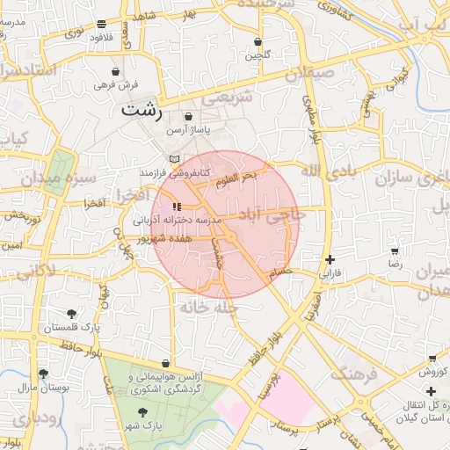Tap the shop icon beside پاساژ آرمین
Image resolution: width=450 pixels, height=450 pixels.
click(x=188, y=116)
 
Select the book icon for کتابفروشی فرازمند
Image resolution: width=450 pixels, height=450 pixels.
click(x=174, y=159)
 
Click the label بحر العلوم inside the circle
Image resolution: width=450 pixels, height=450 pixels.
click(x=237, y=175)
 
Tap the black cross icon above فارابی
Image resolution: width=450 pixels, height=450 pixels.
click(x=330, y=259)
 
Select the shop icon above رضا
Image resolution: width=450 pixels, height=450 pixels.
click(x=395, y=251)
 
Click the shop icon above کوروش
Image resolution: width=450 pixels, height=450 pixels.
click(x=432, y=359)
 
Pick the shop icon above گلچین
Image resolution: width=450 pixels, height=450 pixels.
click(x=258, y=41)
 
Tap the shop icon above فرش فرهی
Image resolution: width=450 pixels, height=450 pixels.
click(x=117, y=71)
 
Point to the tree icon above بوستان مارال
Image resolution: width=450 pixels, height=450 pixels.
click(x=24, y=372)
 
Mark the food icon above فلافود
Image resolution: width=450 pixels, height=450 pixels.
click(x=103, y=24)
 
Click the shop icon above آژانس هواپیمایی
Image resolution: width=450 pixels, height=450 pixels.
click(x=165, y=363)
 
